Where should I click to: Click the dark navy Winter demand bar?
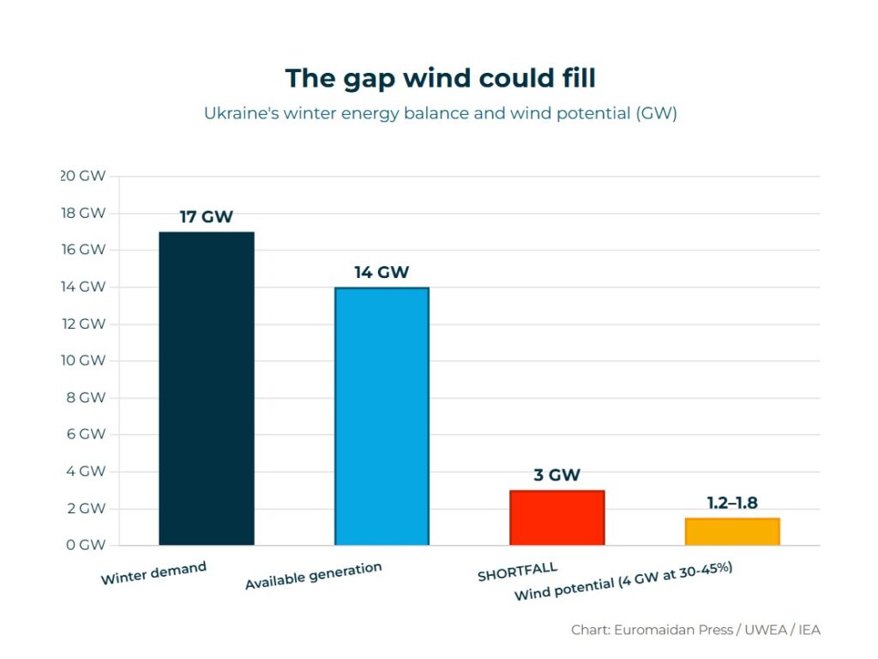207,388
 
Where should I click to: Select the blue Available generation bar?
382,416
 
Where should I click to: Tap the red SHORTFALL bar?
556,517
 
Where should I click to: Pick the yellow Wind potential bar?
731,531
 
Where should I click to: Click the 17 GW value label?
206,217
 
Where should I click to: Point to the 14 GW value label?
382,273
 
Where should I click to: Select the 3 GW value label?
556,475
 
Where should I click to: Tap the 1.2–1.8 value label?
732,503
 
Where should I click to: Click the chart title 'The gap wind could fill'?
440,78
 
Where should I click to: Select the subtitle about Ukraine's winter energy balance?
440,113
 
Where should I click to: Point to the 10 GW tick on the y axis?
84,360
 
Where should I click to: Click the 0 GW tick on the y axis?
84,545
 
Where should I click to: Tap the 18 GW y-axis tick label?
84,213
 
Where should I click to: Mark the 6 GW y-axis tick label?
84,434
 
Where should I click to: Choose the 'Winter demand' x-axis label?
153,573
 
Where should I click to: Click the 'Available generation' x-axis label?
313,577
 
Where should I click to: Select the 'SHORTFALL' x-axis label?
517,571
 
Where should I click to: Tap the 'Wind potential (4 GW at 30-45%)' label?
622,582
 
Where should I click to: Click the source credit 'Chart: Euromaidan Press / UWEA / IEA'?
695,630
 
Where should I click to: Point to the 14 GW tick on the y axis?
84,287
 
